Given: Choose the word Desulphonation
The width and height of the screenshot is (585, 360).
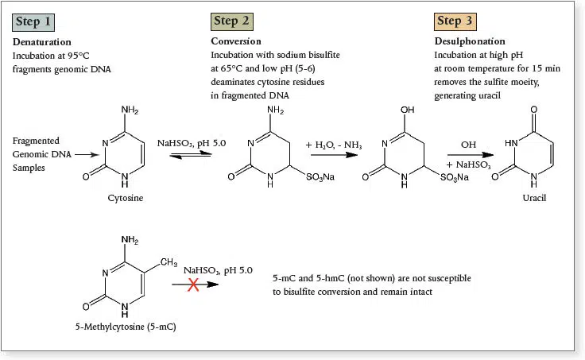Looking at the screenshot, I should coord(470,41).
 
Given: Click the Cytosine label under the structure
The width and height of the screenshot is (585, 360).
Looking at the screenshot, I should coord(125,197).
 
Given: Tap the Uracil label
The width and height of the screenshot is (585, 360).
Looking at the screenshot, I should coord(534,196).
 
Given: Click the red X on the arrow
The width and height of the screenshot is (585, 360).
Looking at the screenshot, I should coord(193,285).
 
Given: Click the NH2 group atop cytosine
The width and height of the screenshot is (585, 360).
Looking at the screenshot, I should coord(130,110).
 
